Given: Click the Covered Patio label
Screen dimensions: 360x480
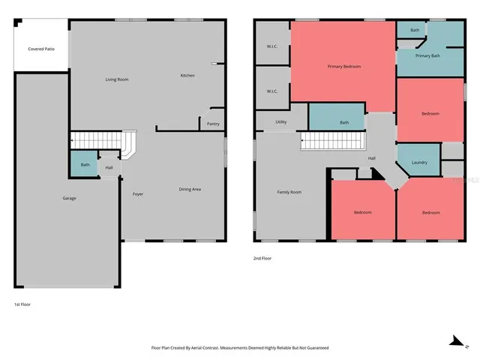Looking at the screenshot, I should (x=41, y=49).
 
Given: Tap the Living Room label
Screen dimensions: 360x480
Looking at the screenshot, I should (x=116, y=79).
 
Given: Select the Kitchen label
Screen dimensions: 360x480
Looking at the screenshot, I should (x=187, y=76).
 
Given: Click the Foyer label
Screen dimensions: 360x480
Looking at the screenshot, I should (x=138, y=193).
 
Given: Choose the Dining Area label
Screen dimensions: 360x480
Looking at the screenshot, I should (x=189, y=189).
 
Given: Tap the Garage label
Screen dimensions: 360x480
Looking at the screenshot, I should (x=69, y=198).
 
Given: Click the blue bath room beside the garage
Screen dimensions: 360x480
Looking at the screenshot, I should (x=85, y=165).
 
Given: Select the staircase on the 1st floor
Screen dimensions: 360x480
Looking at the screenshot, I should (x=102, y=140).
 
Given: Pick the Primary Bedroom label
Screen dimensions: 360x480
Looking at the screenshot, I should (x=344, y=67).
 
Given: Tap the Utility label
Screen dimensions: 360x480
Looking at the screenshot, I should (x=281, y=121).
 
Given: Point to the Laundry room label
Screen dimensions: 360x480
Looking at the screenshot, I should (x=420, y=162).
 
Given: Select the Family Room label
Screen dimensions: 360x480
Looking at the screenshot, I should (x=289, y=192).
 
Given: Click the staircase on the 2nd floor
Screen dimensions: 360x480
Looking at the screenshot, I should (x=331, y=141).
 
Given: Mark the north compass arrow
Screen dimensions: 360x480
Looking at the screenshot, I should (x=454, y=341).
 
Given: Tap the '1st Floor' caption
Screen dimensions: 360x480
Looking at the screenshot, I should (x=22, y=304).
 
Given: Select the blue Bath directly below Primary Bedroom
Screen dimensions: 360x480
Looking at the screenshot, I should (x=344, y=122).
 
